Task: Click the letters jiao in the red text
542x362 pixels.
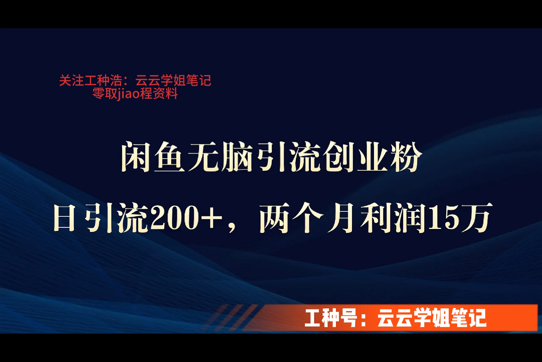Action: (128, 94)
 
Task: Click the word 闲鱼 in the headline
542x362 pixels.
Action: (153, 157)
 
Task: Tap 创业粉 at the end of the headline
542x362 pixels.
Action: (371, 157)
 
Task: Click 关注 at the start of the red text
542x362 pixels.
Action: (71, 81)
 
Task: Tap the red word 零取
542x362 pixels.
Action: (105, 94)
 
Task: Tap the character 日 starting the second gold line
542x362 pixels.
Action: (64, 218)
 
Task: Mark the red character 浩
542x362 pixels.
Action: (116, 81)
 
